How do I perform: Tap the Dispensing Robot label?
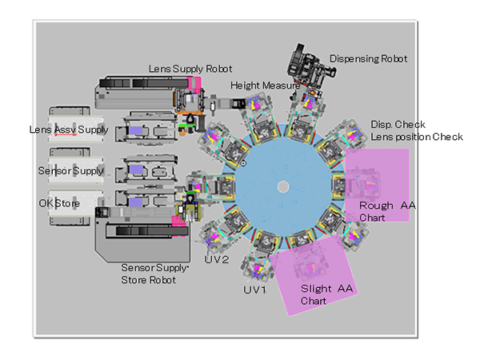[368, 58]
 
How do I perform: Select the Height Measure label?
[265, 85]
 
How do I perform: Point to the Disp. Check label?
[398, 125]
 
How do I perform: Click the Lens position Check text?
[417, 137]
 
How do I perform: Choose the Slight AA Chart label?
[326, 294]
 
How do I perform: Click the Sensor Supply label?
[70, 170]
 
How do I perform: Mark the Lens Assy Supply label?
[69, 129]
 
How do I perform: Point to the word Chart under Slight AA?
[314, 301]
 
